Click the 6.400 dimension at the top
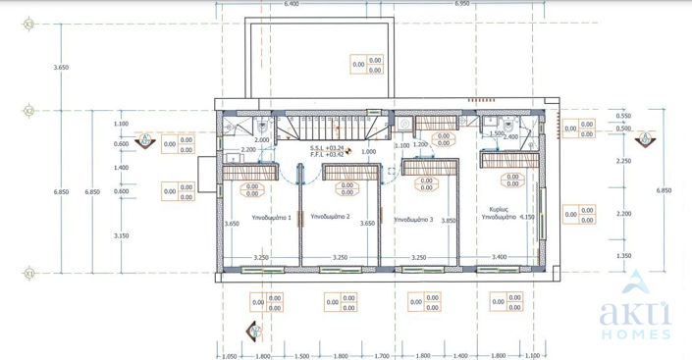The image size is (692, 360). pos(292,5)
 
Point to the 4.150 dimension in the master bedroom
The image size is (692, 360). pos(528,218)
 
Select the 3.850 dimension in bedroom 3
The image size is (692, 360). pos(450,221)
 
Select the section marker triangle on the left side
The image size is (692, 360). pos(145,138)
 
